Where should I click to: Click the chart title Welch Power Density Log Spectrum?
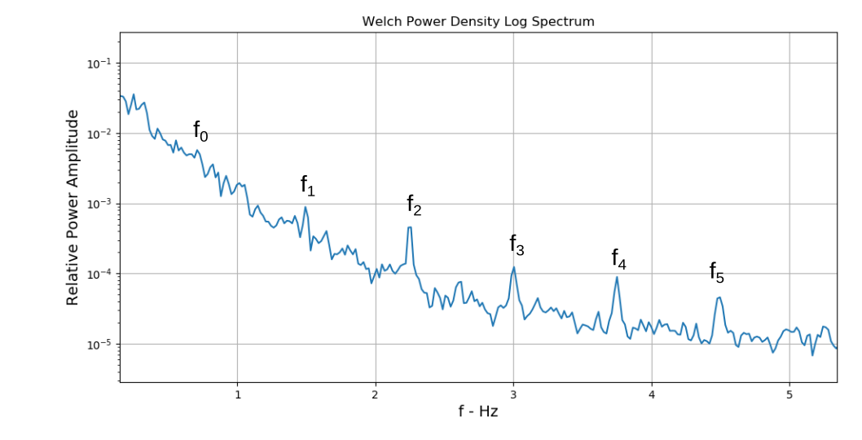[478, 21]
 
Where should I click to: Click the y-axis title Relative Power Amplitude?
[73, 207]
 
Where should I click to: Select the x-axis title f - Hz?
[477, 411]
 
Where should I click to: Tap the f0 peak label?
[200, 130]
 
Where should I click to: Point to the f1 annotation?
[307, 186]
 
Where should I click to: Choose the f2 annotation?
[414, 205]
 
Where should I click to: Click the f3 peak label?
[517, 244]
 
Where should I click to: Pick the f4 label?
[619, 259]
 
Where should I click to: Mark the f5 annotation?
[716, 272]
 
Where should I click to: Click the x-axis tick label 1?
[237, 395]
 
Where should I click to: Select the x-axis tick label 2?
[376, 395]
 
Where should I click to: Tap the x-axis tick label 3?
[513, 395]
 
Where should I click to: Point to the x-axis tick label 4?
[652, 395]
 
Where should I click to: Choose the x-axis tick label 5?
[789, 395]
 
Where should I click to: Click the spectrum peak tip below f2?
[410, 227]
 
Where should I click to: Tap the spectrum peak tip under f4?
[617, 277]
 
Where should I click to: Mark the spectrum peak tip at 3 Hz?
[514, 267]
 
